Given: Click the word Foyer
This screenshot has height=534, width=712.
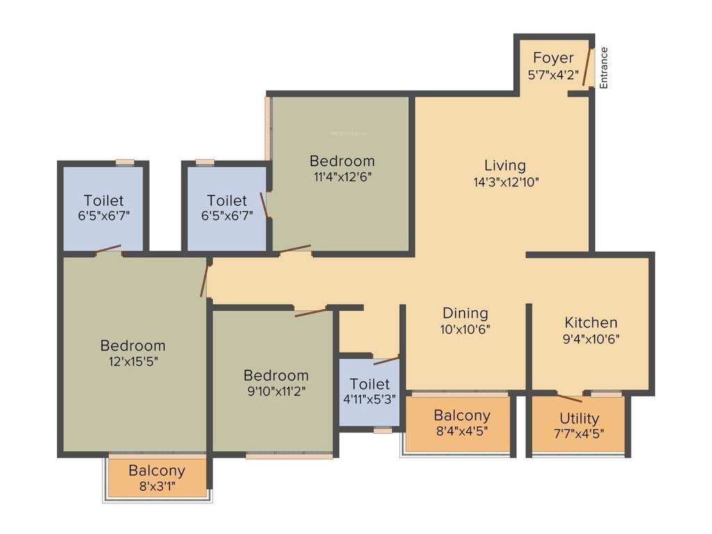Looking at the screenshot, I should coord(553,58).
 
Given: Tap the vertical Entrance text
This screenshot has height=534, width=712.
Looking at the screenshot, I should coord(604,67).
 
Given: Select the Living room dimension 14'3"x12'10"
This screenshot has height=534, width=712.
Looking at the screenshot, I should coord(505,182).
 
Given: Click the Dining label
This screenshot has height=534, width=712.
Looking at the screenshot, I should coord(465,313).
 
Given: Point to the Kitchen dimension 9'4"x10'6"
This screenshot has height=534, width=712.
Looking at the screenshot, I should coord(590,339).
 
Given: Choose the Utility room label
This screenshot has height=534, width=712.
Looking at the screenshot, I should coord(579,419).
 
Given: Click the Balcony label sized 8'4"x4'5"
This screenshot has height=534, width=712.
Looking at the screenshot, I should coord(462,415).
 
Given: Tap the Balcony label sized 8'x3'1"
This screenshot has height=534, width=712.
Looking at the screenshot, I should coord(156,471).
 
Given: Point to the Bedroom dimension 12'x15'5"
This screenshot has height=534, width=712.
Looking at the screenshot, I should coord(133,362).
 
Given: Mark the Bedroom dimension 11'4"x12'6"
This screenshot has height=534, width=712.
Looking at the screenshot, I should coord(342,177).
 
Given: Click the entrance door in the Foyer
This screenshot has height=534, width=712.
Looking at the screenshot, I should coord(587,67).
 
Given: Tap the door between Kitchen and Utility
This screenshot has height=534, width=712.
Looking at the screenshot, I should coord(569,398).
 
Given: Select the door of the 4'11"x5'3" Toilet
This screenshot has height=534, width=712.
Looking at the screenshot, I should coord(386,360).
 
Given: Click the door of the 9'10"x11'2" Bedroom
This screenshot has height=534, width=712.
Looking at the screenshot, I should coord(310,312).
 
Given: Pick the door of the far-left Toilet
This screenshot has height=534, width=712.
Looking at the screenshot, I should coord(108,249).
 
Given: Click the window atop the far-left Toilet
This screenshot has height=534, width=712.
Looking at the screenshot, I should coord(125,162).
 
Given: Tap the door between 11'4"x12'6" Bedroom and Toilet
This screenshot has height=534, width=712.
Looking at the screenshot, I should coord(264,206).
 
